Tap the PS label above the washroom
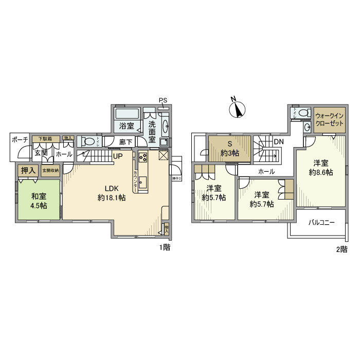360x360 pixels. click(163, 100)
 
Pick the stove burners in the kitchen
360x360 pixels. click(143, 157)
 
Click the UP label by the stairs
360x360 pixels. click(118, 156)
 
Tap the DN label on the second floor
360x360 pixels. click(278, 141)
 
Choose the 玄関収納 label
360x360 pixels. click(50, 170)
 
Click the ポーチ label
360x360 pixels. click(20, 139)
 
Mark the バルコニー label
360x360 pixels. click(321, 223)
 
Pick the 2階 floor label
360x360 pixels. click(341, 249)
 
